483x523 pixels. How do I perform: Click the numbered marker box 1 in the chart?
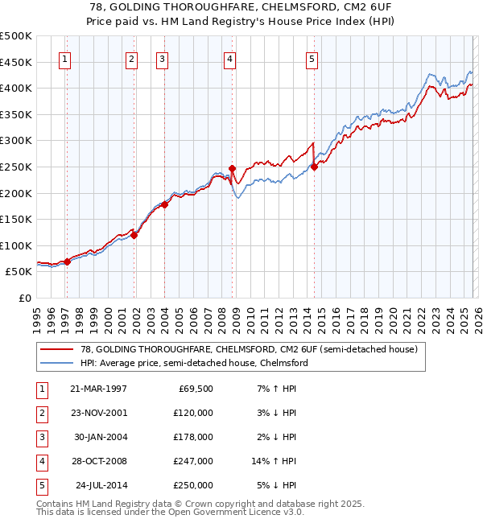tap(64, 58)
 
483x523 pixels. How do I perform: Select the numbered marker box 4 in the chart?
tap(229, 58)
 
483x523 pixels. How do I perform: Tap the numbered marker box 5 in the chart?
tap(312, 58)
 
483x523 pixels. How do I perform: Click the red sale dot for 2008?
tap(233, 169)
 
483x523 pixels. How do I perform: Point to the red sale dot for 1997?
tap(68, 261)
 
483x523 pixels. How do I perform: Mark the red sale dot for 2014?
tap(314, 167)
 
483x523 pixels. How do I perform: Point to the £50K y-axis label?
tap(19, 272)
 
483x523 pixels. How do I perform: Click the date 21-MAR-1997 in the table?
tap(99, 389)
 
